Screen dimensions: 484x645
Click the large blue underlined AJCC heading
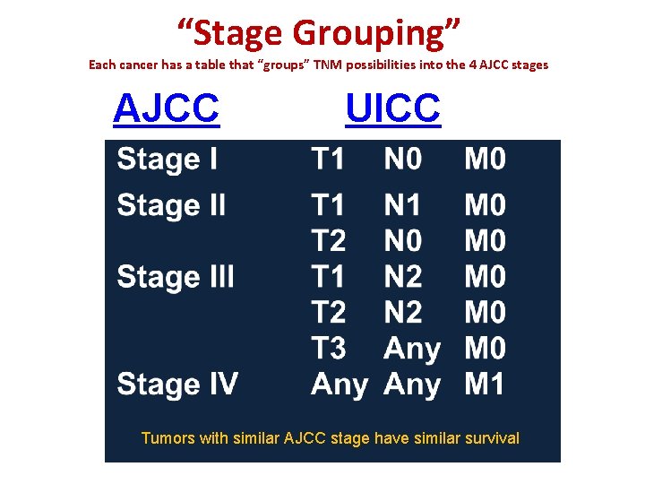coord(166,108)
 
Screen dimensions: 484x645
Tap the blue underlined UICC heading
coord(392,108)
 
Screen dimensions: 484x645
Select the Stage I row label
coord(167,160)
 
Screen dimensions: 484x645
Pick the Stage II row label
coord(171,205)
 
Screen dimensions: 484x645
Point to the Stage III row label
coord(176,276)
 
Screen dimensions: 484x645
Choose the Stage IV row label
coord(177,385)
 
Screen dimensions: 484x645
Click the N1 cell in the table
coord(402,205)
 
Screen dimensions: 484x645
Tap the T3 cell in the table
coord(328,349)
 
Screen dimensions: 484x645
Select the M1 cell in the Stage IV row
coord(485,385)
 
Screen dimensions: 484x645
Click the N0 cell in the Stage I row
coord(403,160)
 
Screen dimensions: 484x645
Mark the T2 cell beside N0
coord(328,241)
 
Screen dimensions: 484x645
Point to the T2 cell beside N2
coord(328,313)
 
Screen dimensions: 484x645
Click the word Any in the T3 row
coord(412,349)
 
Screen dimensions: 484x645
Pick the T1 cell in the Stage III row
coord(328,276)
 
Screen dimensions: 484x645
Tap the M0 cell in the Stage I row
coord(485,160)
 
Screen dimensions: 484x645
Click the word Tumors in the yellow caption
coord(167,438)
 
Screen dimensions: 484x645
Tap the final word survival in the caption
coord(489,438)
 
